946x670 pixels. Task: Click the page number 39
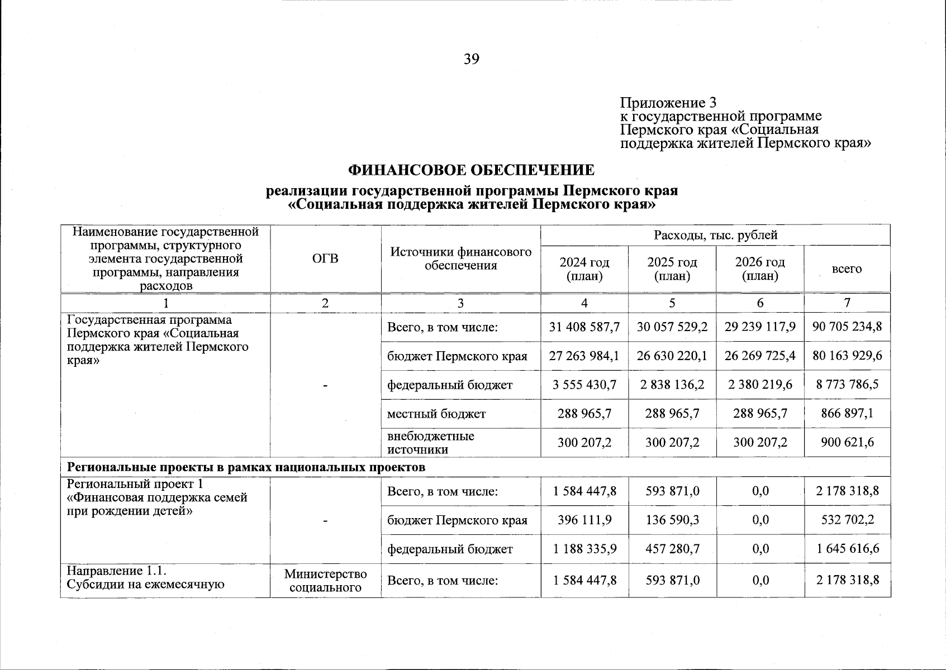coord(471,59)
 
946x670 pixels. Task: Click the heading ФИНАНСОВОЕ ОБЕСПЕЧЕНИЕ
coord(471,170)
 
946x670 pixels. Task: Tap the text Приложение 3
coord(668,103)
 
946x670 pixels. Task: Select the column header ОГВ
coord(325,259)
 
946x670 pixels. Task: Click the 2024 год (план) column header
coord(584,269)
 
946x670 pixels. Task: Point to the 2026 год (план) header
coord(759,269)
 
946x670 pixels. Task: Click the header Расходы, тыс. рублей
coord(715,235)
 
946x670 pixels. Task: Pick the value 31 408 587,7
coord(584,327)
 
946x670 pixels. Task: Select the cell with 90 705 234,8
coord(847,327)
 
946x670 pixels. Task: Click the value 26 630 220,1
coord(672,356)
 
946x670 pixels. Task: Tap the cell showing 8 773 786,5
coord(847,384)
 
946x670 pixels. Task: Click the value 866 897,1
coord(847,414)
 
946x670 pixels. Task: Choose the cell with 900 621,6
coord(847,443)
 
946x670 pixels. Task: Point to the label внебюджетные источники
coord(430,443)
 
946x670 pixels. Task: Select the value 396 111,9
coord(584,520)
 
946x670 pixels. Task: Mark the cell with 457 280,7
coord(672,549)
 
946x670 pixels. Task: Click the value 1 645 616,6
coord(847,549)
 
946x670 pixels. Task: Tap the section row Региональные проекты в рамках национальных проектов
coord(246,467)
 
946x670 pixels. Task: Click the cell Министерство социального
coord(325,581)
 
